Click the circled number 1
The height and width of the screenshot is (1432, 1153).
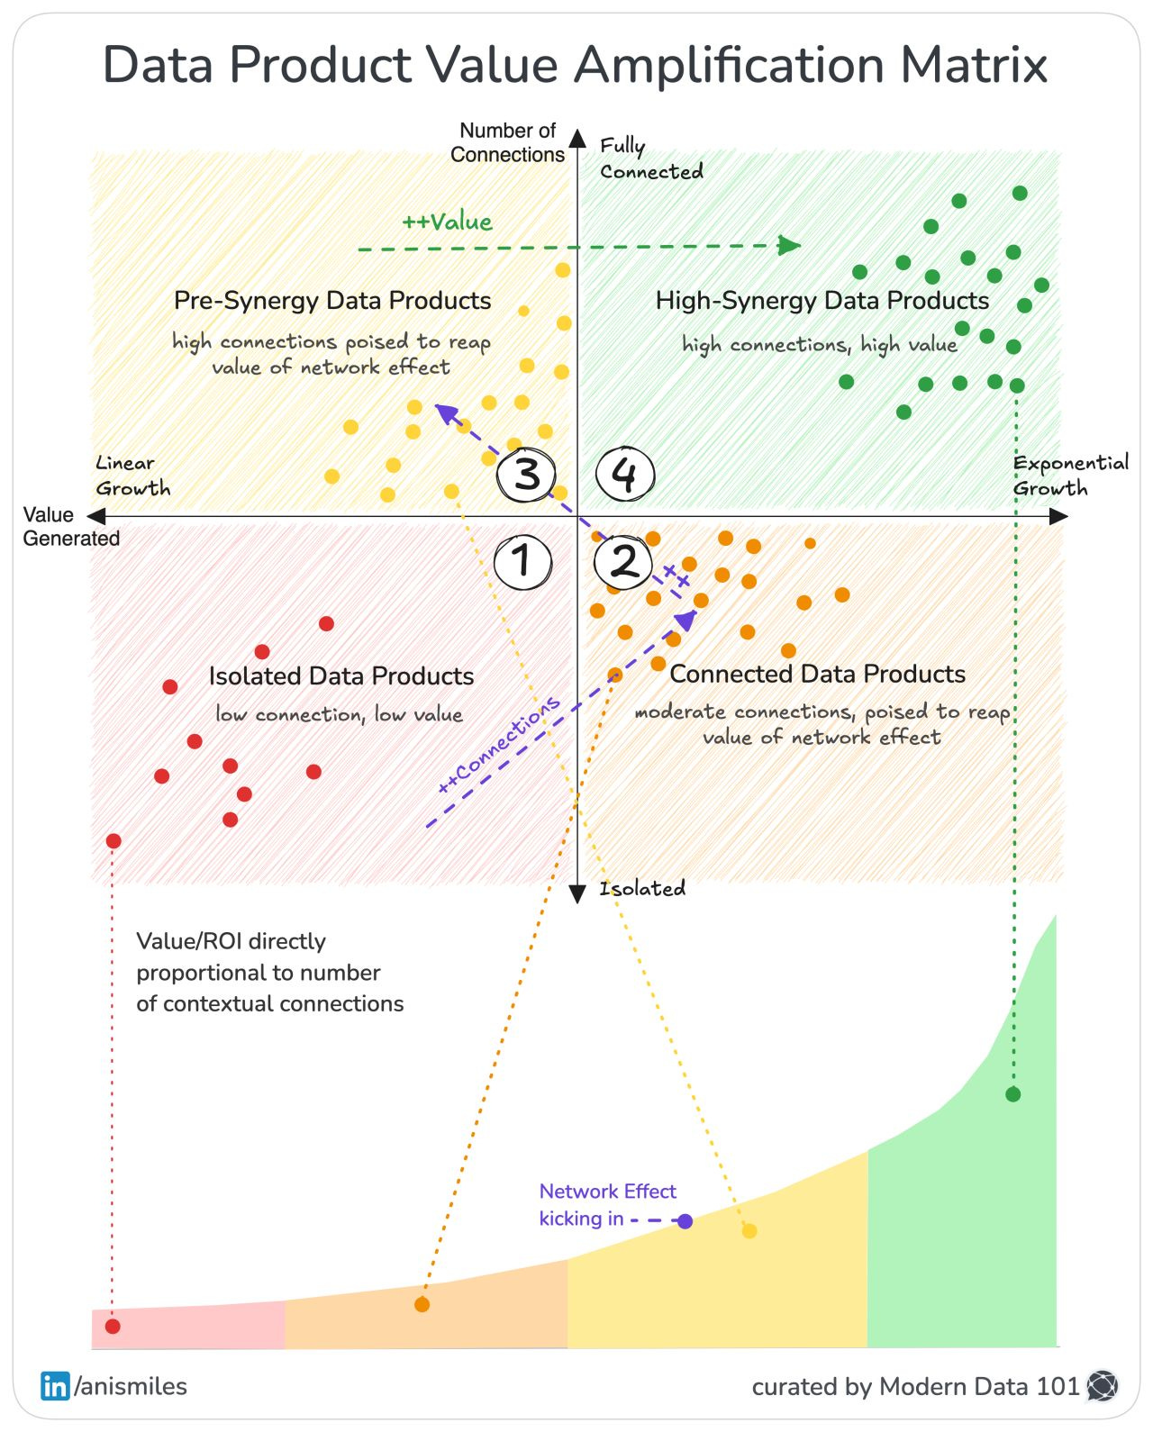click(523, 562)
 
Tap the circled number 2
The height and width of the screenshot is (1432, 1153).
click(623, 562)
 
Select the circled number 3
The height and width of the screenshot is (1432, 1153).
click(526, 474)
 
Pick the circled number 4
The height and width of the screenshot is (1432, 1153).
click(625, 474)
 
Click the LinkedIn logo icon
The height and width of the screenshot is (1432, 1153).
click(55, 1386)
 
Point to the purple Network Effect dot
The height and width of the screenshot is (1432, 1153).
click(685, 1221)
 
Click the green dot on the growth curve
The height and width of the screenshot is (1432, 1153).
click(1012, 1094)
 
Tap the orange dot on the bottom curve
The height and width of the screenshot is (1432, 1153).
click(422, 1304)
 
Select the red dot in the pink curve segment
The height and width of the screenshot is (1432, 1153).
click(113, 1326)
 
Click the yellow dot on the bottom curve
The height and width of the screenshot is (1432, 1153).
click(749, 1230)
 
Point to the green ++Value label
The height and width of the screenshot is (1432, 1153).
click(447, 222)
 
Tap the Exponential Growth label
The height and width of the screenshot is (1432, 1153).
click(1069, 476)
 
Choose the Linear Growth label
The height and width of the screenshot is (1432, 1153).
click(132, 476)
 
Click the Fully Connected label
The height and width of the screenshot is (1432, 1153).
click(650, 159)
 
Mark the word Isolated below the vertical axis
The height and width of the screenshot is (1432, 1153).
click(642, 889)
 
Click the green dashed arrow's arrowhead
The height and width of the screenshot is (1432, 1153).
click(790, 245)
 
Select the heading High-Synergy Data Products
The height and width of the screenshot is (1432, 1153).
click(822, 300)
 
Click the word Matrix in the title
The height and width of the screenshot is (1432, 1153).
click(973, 65)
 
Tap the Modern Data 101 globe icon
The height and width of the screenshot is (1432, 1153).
click(1103, 1386)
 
